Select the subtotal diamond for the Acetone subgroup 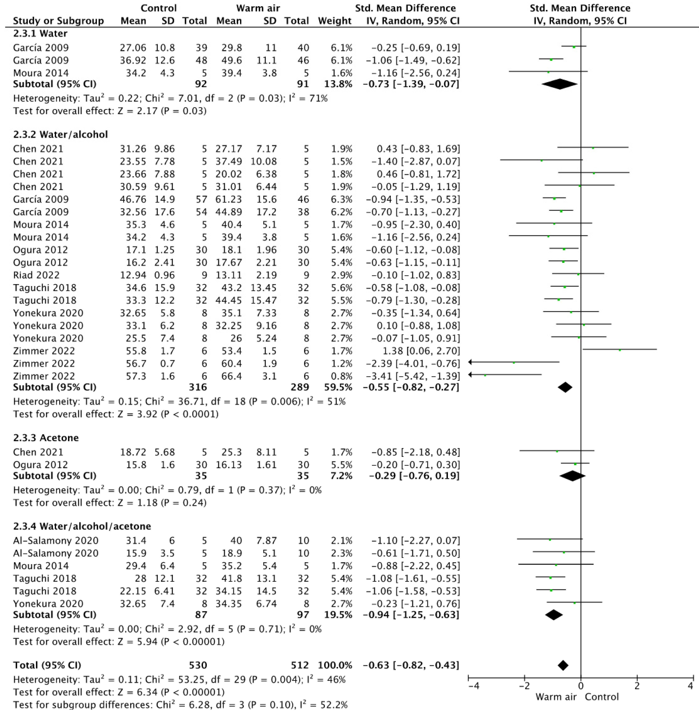(x=572, y=476)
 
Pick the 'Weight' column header (x=334, y=21)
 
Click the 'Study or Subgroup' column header (x=58, y=21)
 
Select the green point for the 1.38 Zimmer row (x=620, y=350)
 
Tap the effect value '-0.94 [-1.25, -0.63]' (x=411, y=615)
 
